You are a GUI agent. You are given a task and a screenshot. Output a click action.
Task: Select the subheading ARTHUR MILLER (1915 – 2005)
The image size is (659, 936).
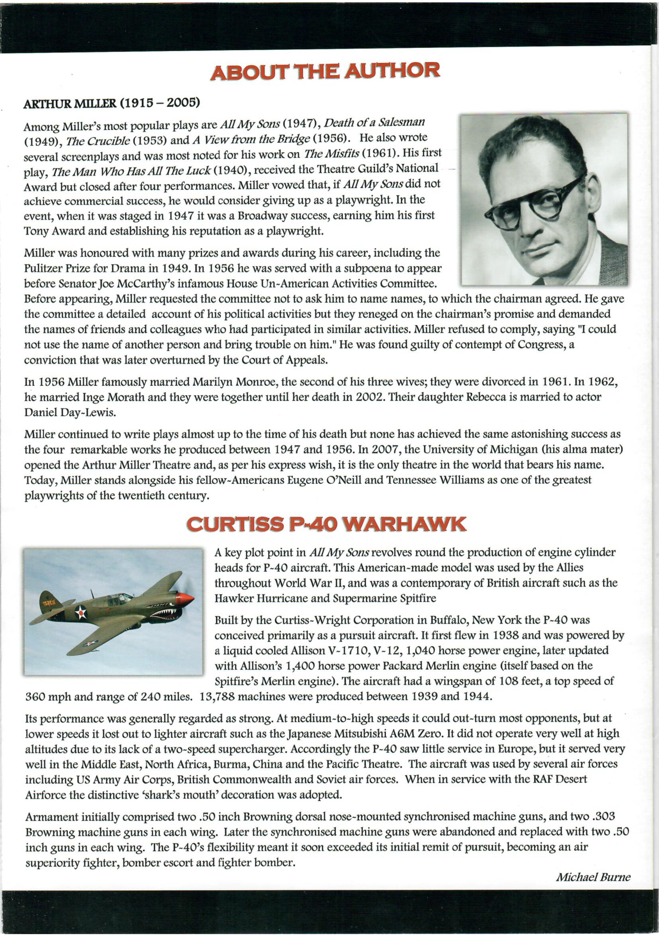111,102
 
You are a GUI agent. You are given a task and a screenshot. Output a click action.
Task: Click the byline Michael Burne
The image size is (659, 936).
593,877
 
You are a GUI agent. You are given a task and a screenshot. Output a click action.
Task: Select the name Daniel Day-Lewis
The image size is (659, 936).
70,413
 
